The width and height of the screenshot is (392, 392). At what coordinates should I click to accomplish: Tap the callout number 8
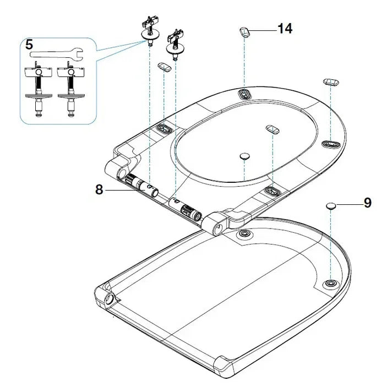[99, 189]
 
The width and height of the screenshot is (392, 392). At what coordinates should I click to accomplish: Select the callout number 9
[367, 203]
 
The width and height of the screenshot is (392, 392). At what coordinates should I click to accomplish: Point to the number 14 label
[285, 29]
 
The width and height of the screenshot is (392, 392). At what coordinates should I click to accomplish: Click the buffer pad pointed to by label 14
[246, 32]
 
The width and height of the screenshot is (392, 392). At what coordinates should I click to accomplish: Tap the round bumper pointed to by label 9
[330, 205]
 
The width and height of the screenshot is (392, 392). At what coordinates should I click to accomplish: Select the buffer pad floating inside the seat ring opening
[273, 128]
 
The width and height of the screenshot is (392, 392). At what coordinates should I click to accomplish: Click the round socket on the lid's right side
[330, 282]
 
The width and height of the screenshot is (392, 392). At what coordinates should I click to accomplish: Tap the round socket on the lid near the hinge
[243, 235]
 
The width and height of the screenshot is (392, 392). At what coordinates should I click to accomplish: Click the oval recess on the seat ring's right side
[329, 144]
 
